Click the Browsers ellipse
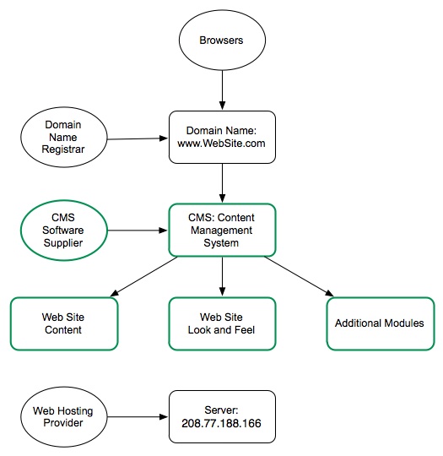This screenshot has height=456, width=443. coord(221,39)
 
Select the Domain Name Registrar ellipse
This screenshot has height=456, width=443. coord(63,138)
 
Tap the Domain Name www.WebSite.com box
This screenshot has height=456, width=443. coord(222,137)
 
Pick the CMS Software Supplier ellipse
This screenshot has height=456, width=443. coord(63,230)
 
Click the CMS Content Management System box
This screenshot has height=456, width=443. coord(222,230)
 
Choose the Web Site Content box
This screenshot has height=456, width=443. coord(63,323)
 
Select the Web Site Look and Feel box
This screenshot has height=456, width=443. coord(222,323)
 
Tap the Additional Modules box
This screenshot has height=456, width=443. coord(380,323)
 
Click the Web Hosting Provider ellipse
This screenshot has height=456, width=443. coord(63,416)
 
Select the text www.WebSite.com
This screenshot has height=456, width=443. coord(222,144)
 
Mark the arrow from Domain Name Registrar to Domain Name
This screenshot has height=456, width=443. coord(137,138)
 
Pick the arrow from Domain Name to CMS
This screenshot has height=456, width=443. coord(222,182)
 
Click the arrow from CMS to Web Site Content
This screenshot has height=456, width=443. coord(143,277)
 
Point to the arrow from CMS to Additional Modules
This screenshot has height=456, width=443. coord(300,277)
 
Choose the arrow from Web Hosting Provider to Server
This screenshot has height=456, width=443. coord(137,416)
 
